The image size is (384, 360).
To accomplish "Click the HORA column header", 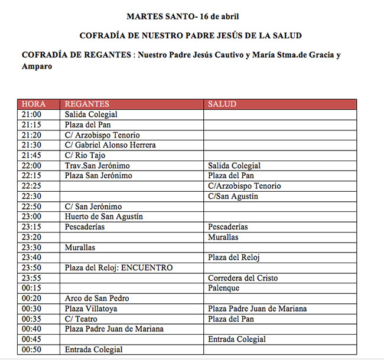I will (34, 104).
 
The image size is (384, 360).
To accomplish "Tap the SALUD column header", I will (222, 104).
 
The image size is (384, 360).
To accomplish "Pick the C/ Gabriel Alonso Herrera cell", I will (110, 145).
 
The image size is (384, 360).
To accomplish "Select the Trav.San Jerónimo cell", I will (97, 166).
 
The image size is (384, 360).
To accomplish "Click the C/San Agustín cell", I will (233, 197).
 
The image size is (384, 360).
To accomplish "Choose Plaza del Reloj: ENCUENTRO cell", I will (119, 268).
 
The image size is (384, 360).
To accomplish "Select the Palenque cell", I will (223, 288).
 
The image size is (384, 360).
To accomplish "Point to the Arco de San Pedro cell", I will (97, 299).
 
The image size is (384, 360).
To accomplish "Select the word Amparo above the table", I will (37, 67).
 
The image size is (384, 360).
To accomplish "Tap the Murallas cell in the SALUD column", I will (223, 237).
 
